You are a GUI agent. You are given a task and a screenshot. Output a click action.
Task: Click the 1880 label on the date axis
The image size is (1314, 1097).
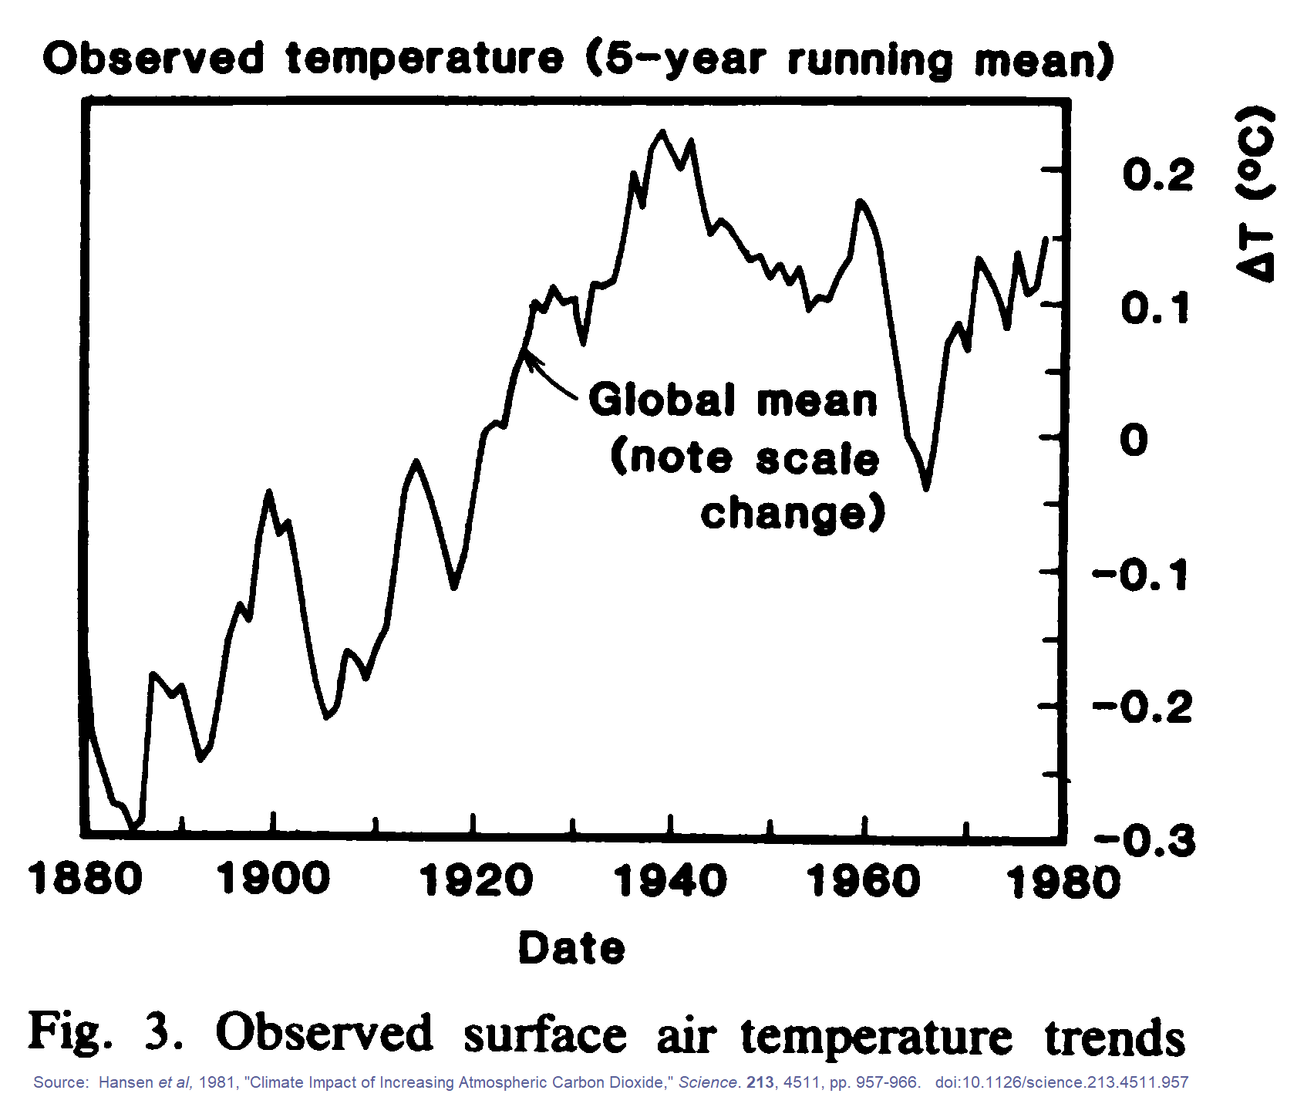click(85, 879)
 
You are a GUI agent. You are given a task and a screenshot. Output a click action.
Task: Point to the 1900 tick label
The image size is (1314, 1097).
click(274, 879)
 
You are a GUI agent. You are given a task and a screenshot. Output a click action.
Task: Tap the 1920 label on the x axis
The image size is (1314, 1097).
click(476, 880)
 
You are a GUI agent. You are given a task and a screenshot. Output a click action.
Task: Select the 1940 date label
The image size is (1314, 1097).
click(670, 880)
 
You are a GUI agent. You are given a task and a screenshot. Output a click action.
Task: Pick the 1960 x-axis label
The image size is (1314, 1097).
click(864, 880)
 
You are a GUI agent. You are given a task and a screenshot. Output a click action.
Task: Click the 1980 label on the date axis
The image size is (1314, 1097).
click(1064, 882)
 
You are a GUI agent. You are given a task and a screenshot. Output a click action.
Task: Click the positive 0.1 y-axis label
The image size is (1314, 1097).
click(1155, 309)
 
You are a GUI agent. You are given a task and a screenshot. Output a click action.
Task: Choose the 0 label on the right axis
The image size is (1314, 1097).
click(1134, 440)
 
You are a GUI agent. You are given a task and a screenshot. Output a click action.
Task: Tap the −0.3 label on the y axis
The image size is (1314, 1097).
click(1144, 840)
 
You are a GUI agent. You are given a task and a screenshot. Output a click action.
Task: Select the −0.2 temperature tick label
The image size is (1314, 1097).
click(1143, 707)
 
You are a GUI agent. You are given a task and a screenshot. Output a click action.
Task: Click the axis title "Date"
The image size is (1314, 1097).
click(571, 948)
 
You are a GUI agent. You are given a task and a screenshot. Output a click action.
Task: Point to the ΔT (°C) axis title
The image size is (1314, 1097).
click(1255, 193)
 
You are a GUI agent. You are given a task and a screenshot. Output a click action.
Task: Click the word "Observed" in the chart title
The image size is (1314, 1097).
click(153, 59)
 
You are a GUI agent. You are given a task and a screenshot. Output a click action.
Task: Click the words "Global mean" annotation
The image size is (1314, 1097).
click(733, 400)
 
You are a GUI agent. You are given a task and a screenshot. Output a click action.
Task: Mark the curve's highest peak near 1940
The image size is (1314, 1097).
click(662, 133)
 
